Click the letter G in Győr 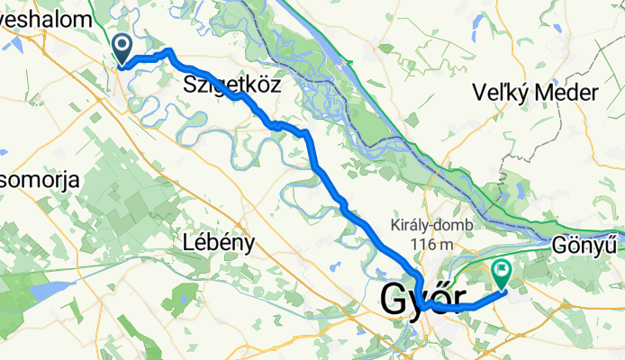tap(396, 299)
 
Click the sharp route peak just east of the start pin tap(169, 51)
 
